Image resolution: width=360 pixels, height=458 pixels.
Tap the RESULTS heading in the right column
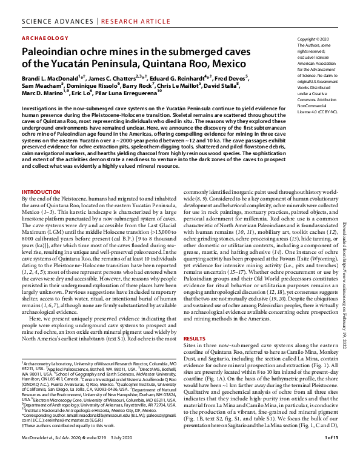coord(195,339)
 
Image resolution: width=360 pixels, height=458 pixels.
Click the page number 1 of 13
coord(332,453)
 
